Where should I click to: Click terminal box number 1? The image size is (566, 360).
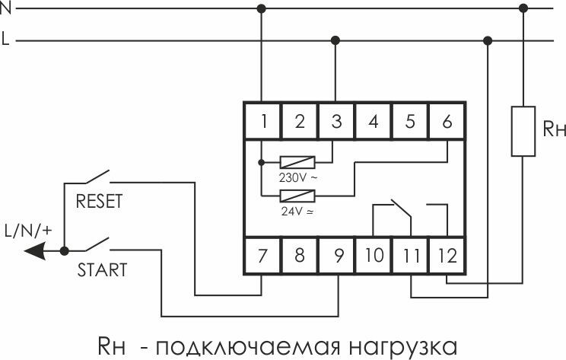(x=262, y=122)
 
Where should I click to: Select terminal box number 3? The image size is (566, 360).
(x=336, y=122)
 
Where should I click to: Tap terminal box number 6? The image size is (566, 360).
(x=447, y=122)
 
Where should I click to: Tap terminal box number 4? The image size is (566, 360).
(x=373, y=122)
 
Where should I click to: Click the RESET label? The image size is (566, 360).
(x=100, y=203)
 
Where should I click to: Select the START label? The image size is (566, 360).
(x=101, y=269)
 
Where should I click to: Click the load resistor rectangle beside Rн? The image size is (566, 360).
(x=522, y=131)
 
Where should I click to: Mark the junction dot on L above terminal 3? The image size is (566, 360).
(x=336, y=40)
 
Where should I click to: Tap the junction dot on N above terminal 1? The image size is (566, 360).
(x=262, y=9)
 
